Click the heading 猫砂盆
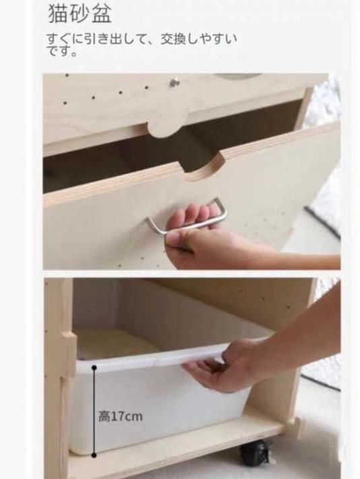tap(80, 13)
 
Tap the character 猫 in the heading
tap(59, 13)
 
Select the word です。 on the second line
tap(62, 51)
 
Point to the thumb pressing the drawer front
tap(177, 242)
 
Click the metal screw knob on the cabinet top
tap(175, 82)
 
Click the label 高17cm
tap(120, 416)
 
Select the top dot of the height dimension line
tap(94, 368)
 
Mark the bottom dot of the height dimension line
tap(94, 455)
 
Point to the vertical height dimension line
tap(94, 412)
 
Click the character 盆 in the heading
tap(102, 13)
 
